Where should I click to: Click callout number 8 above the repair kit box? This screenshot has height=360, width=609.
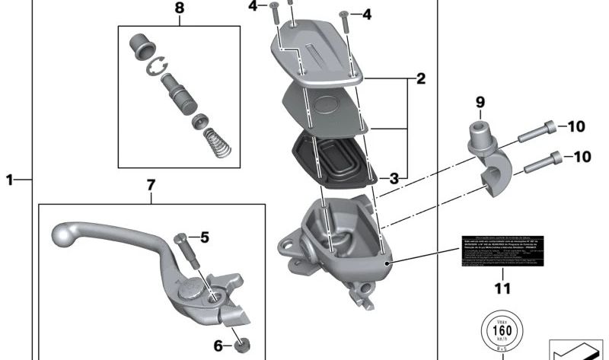point(179,9)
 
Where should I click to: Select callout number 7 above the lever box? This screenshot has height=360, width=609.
point(151,184)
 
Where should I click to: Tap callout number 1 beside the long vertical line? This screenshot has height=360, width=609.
point(10,180)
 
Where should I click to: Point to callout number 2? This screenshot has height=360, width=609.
point(419,78)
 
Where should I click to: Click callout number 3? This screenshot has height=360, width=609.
point(394,179)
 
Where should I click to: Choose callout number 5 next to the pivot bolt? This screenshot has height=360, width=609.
point(204,237)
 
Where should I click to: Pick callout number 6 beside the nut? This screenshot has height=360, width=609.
point(218,347)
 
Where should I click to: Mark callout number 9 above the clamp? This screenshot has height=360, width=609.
point(480,101)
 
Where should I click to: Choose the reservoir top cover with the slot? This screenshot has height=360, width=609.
point(314,53)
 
